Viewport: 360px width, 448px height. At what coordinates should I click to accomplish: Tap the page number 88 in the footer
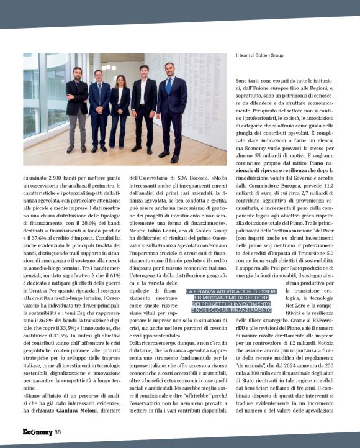click(x=58, y=432)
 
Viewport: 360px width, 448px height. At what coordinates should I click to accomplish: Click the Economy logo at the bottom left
click(x=38, y=432)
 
